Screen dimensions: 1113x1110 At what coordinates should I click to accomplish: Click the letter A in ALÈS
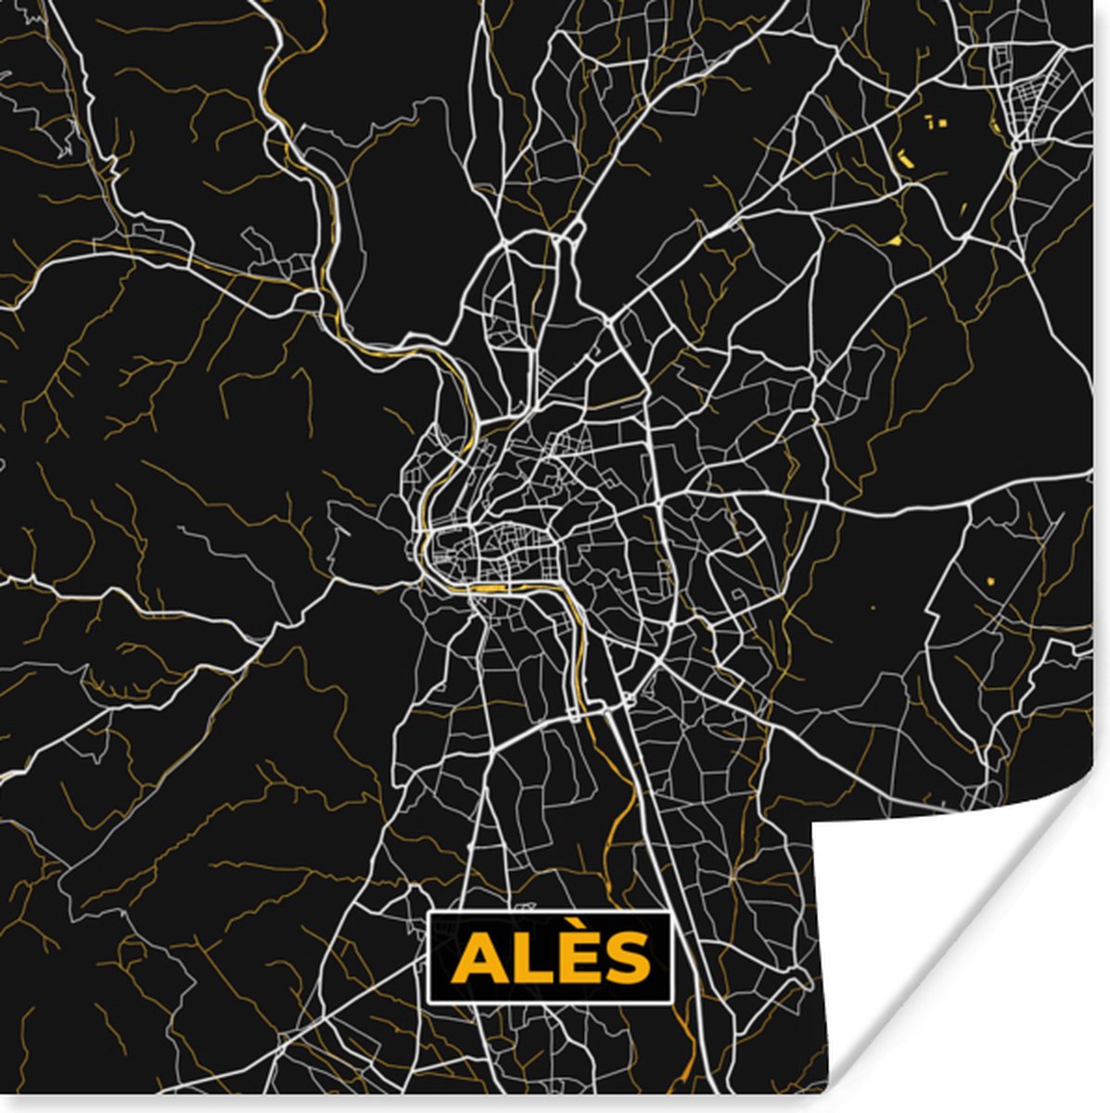478,959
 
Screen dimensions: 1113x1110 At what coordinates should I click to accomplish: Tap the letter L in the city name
529,959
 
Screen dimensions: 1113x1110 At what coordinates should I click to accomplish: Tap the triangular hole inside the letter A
478,963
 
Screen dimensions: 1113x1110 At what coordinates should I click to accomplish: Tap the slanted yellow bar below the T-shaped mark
905,159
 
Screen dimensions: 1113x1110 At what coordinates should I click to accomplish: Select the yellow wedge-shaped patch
895,241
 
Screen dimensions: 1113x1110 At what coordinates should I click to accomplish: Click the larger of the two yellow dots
989,581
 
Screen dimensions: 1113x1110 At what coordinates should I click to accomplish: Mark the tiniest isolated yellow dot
873,608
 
